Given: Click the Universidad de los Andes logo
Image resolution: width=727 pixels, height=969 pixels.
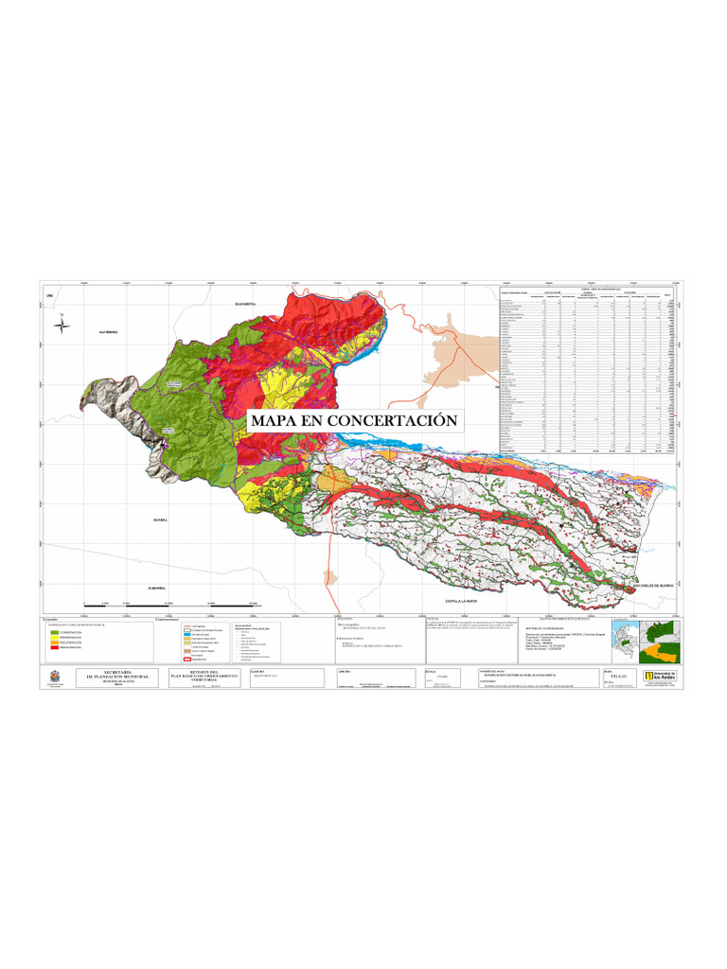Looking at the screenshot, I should coord(659,676).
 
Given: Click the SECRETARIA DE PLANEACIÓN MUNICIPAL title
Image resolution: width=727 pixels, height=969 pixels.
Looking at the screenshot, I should coord(118,676).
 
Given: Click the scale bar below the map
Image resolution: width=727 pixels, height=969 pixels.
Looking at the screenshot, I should coord(170,604).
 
